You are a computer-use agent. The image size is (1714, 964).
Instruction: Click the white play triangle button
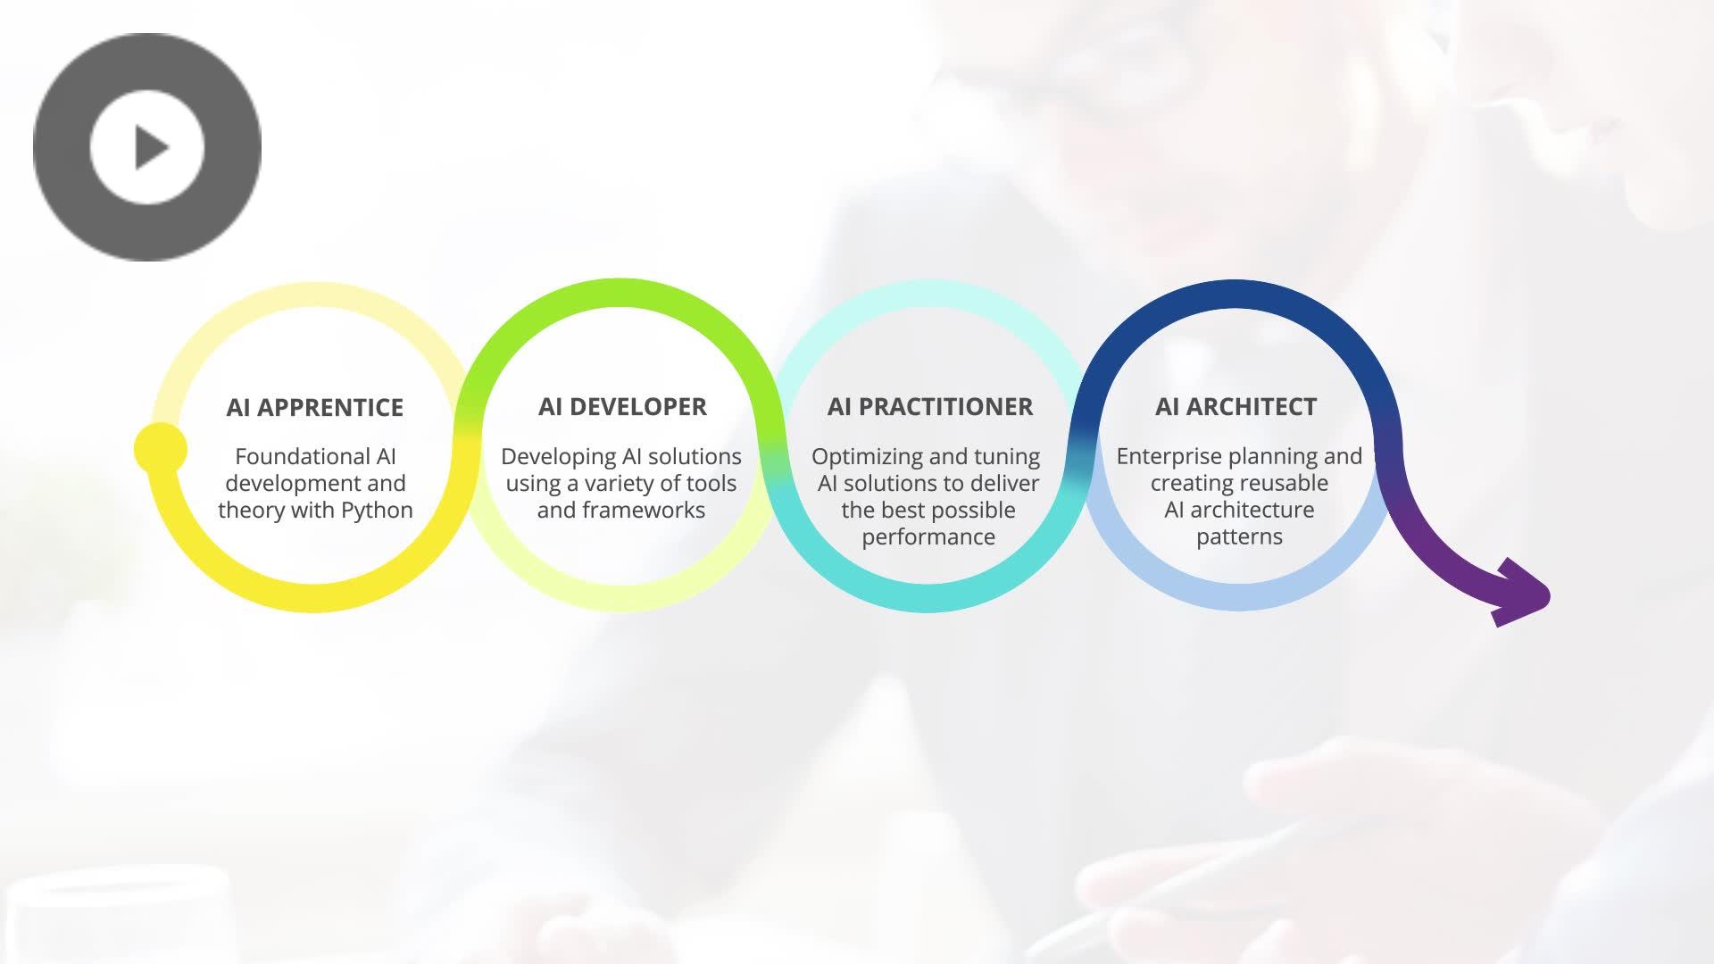147,147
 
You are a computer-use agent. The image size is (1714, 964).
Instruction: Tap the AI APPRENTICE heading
315,408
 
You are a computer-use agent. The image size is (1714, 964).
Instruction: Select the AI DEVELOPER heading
622,407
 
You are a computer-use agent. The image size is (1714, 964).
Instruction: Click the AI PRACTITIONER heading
930,407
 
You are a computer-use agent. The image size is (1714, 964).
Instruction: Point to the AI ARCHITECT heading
1236,407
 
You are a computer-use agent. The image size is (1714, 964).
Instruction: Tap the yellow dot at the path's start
161,449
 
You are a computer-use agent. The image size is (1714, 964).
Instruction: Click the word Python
378,511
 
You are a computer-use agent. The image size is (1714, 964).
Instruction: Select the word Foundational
290,456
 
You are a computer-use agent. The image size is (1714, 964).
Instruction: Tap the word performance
928,537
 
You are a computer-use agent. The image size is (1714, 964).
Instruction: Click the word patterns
1239,537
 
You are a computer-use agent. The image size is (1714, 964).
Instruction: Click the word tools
711,483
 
